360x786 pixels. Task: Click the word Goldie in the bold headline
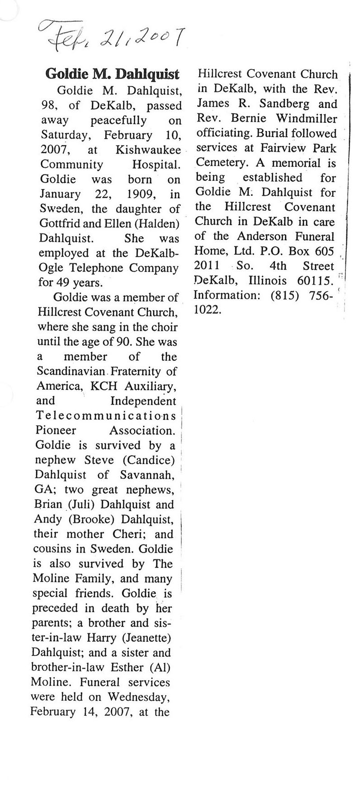67,74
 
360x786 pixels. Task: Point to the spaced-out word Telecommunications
105,415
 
